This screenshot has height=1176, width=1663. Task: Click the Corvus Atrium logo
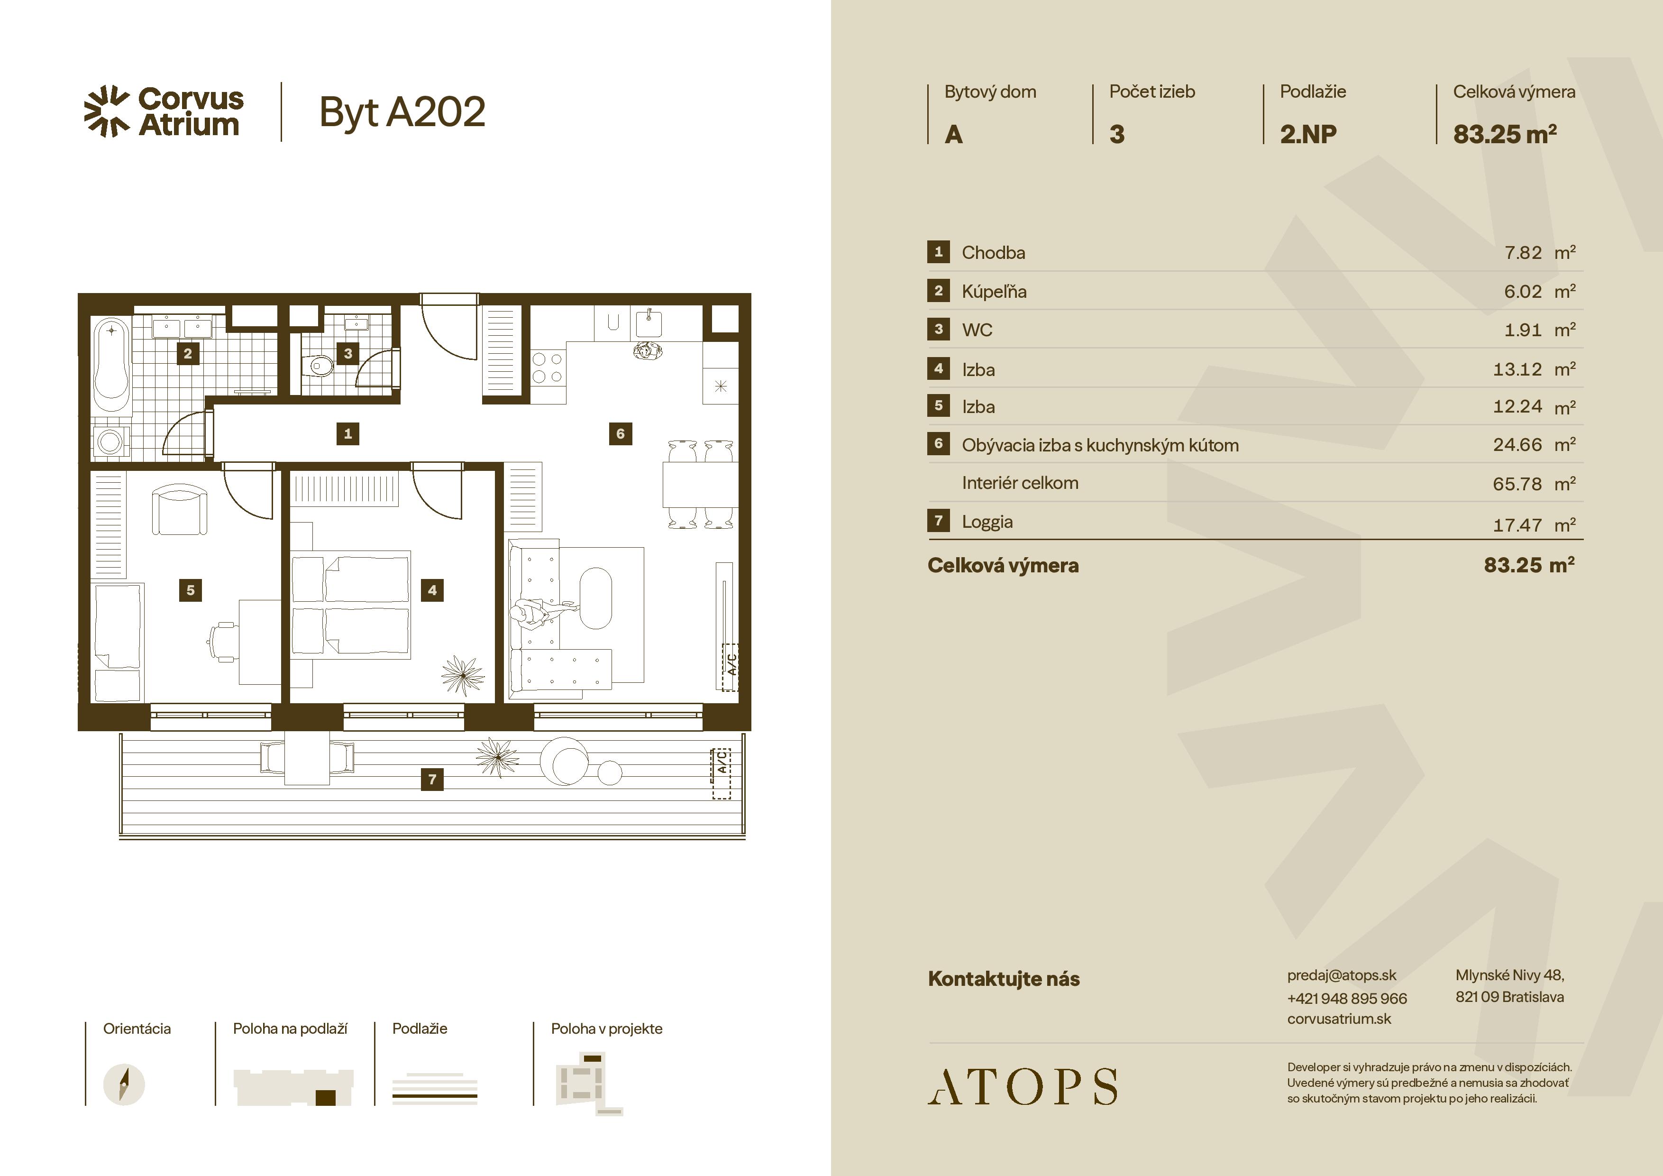(164, 111)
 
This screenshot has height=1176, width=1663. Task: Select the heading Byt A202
(402, 112)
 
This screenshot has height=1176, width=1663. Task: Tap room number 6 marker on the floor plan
(620, 433)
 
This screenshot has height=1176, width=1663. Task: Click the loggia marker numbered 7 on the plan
(432, 779)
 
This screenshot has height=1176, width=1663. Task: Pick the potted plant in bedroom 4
(462, 675)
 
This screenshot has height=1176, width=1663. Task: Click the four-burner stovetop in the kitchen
(547, 367)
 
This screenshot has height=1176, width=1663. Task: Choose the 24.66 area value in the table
(1517, 445)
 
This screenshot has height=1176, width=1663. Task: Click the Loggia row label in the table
(987, 522)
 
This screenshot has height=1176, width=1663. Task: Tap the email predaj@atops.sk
(1342, 975)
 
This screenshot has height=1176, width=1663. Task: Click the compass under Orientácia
(124, 1084)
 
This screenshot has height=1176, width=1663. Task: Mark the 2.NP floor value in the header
(1308, 134)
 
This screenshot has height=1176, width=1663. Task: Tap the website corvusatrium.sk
(1339, 1019)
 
